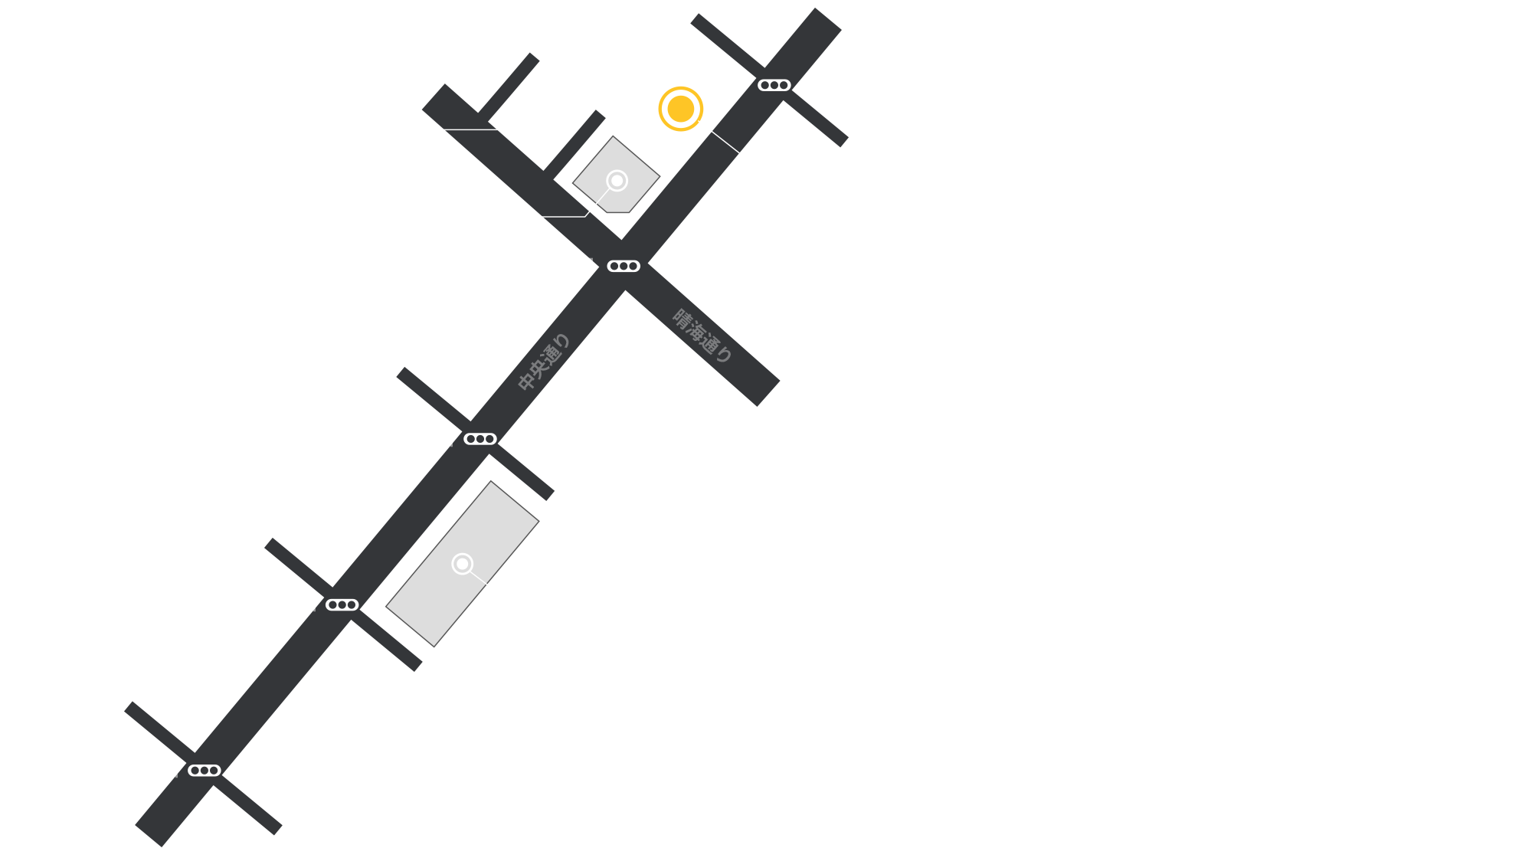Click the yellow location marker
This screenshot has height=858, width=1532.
(676, 110)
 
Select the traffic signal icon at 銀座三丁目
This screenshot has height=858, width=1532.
(774, 85)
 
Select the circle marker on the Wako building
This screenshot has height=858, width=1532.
(617, 181)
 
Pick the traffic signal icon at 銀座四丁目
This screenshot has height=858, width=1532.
(624, 267)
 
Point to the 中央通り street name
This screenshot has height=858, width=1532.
(545, 362)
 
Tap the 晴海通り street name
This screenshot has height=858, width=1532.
(702, 335)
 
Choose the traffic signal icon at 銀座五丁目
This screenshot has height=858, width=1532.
(480, 439)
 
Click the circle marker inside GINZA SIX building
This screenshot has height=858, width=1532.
(462, 565)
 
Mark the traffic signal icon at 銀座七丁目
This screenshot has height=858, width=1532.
(205, 771)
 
